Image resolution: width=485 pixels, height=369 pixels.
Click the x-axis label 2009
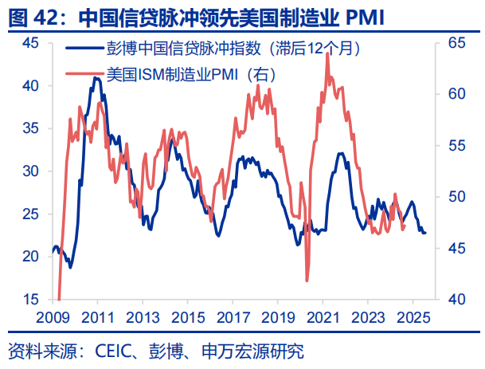tap(53, 316)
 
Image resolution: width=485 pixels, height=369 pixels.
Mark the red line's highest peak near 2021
tap(327, 54)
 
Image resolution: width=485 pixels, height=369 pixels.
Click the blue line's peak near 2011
tap(96, 78)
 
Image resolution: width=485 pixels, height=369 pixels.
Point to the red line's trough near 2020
tap(307, 280)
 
